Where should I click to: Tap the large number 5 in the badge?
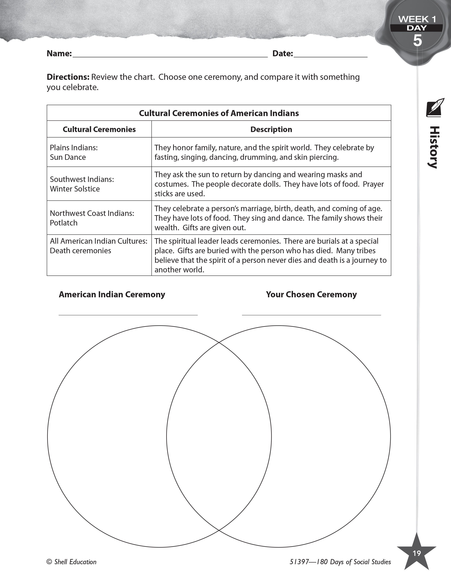pyautogui.click(x=417, y=41)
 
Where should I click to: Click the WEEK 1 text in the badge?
pyautogui.click(x=417, y=19)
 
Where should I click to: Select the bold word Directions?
pyautogui.click(x=68, y=77)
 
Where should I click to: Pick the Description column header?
pyautogui.click(x=271, y=129)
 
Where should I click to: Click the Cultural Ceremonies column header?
pyautogui.click(x=99, y=129)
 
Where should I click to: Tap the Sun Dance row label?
pyautogui.click(x=68, y=157)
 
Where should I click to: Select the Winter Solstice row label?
pyautogui.click(x=75, y=189)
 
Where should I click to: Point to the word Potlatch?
pyautogui.click(x=64, y=223)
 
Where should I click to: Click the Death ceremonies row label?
pyautogui.click(x=80, y=251)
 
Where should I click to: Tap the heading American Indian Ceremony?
pyautogui.click(x=112, y=294)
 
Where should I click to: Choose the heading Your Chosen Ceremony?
pyautogui.click(x=311, y=294)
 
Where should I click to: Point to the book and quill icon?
pyautogui.click(x=435, y=107)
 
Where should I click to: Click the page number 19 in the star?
pyautogui.click(x=417, y=553)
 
